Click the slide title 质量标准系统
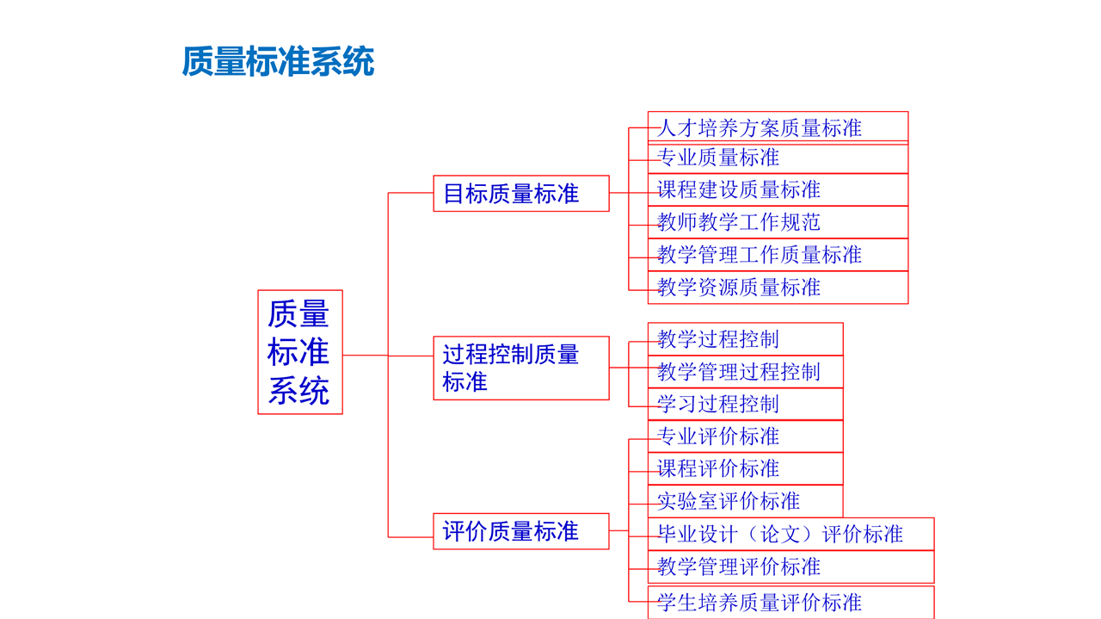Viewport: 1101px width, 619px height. [278, 61]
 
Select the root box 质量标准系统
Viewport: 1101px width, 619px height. [300, 352]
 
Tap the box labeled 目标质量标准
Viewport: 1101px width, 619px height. [521, 194]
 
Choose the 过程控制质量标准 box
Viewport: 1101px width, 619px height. [521, 368]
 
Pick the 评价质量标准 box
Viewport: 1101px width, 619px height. [521, 531]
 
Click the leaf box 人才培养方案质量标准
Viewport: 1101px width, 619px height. [778, 127]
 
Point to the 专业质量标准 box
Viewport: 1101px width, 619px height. [778, 158]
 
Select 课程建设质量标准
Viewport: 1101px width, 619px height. [778, 190]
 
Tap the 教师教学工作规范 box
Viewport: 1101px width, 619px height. [778, 222]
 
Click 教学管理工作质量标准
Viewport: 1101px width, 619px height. [778, 255]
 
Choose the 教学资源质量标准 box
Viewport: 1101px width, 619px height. [778, 288]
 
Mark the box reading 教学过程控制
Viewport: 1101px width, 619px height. [746, 339]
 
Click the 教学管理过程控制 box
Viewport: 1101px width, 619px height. [746, 372]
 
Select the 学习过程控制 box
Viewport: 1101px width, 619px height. [746, 404]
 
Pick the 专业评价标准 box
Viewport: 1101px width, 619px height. [746, 436]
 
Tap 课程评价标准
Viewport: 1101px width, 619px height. [746, 469]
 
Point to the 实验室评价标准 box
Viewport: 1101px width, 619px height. [746, 501]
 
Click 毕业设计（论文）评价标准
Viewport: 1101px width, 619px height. [790, 534]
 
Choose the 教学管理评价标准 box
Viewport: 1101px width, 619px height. [790, 566]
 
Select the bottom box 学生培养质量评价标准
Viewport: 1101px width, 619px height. [790, 603]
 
